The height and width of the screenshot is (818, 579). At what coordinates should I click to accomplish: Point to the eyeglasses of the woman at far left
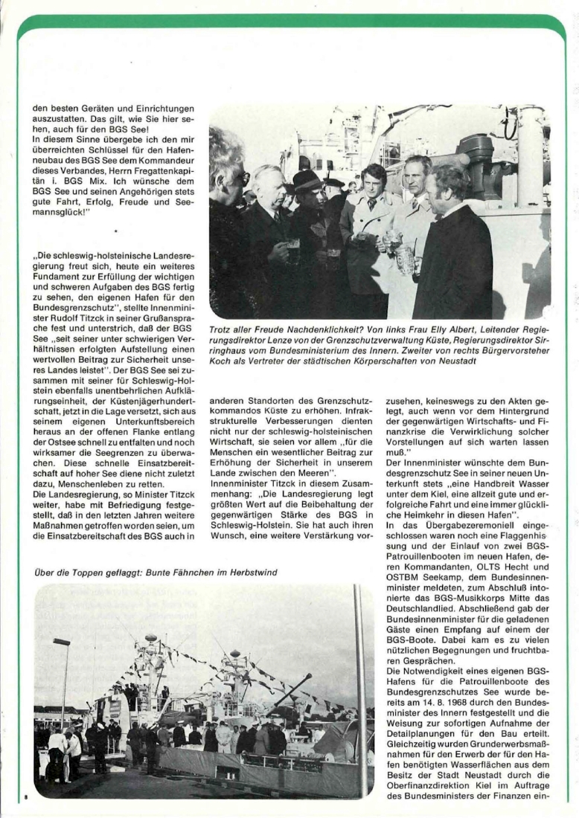[242, 178]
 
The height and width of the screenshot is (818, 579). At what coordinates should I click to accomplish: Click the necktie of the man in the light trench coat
[371, 204]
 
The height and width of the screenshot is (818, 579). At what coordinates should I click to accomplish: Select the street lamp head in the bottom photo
[62, 642]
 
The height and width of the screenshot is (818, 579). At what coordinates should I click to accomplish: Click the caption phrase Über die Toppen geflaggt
[82, 573]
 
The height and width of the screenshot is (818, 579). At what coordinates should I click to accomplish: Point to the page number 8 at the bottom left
[25, 796]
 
